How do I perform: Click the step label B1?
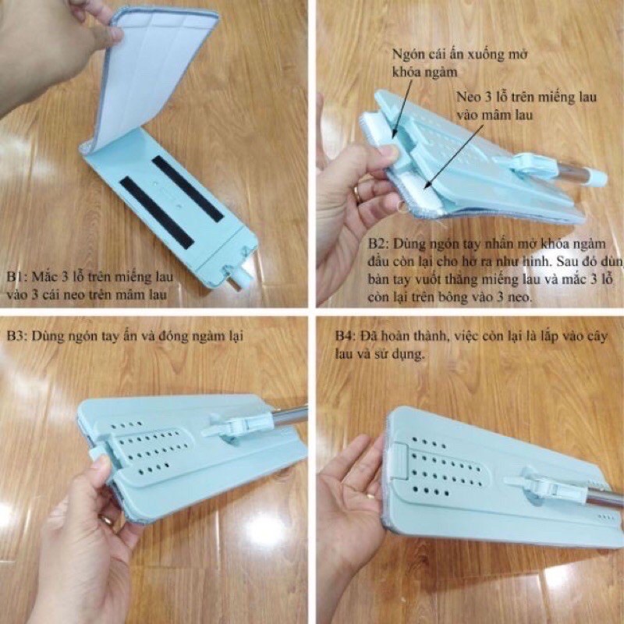[x=16, y=276]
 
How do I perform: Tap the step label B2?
[x=378, y=243]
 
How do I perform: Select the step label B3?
[x=17, y=336]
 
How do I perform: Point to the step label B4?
[x=345, y=336]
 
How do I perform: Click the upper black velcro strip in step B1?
[x=187, y=188]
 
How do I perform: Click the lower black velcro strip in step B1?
[x=157, y=211]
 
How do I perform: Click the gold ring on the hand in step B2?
[x=359, y=194]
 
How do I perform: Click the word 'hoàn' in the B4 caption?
[x=393, y=336]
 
